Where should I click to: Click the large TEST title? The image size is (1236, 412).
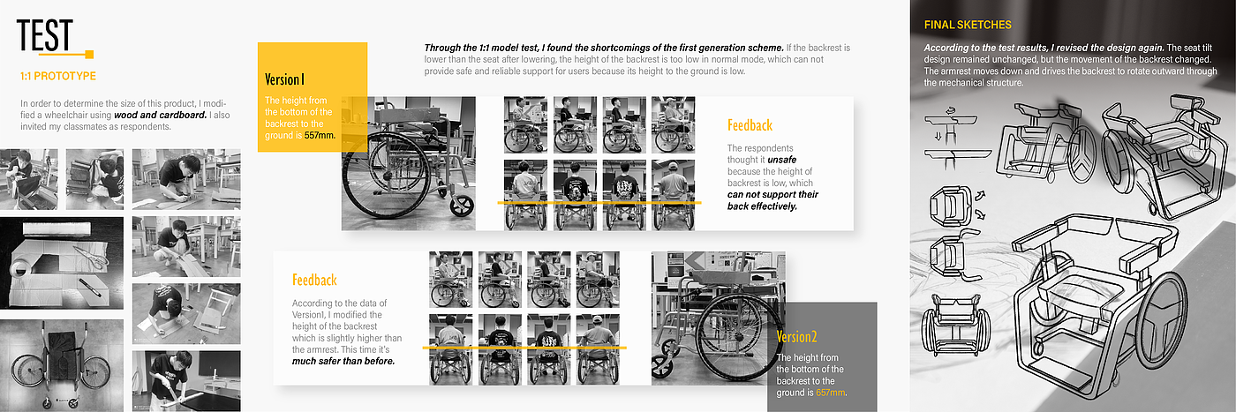45,35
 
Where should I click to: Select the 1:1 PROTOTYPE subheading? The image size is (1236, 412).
58,76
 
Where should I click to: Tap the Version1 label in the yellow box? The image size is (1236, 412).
284,79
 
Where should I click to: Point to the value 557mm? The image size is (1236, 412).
320,135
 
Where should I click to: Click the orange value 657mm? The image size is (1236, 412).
831,393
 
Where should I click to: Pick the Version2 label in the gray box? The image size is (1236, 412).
796,336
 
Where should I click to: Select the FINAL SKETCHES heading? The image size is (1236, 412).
968,25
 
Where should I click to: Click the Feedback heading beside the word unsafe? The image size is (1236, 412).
750,125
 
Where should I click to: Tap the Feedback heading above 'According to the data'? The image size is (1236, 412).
314,281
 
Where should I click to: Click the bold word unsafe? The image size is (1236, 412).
782,160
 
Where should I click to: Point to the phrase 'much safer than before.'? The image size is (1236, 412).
343,361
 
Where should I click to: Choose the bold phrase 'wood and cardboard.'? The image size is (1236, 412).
160,116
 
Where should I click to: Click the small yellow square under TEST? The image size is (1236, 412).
89,54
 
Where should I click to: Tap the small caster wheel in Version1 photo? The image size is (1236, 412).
461,206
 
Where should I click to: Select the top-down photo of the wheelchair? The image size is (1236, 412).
62,365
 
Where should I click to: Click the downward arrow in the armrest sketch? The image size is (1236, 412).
938,136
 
